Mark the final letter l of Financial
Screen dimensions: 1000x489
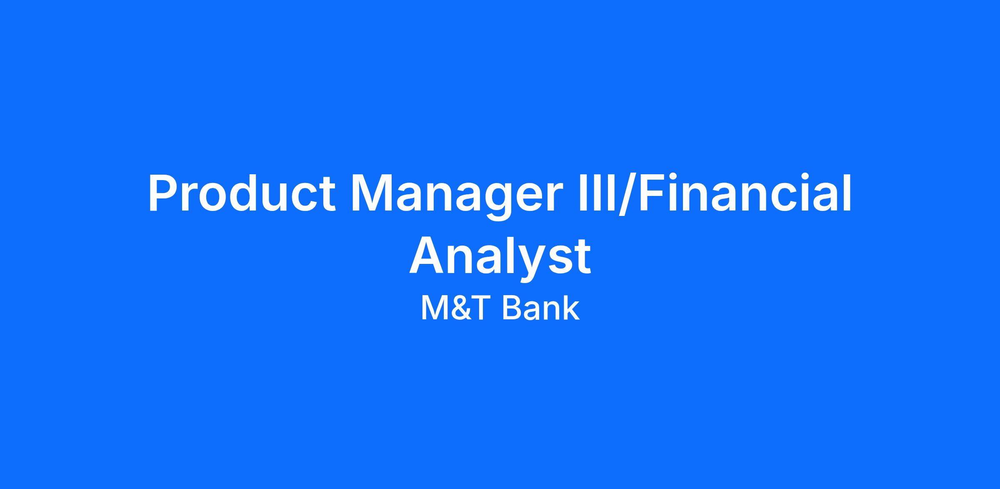click(847, 192)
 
